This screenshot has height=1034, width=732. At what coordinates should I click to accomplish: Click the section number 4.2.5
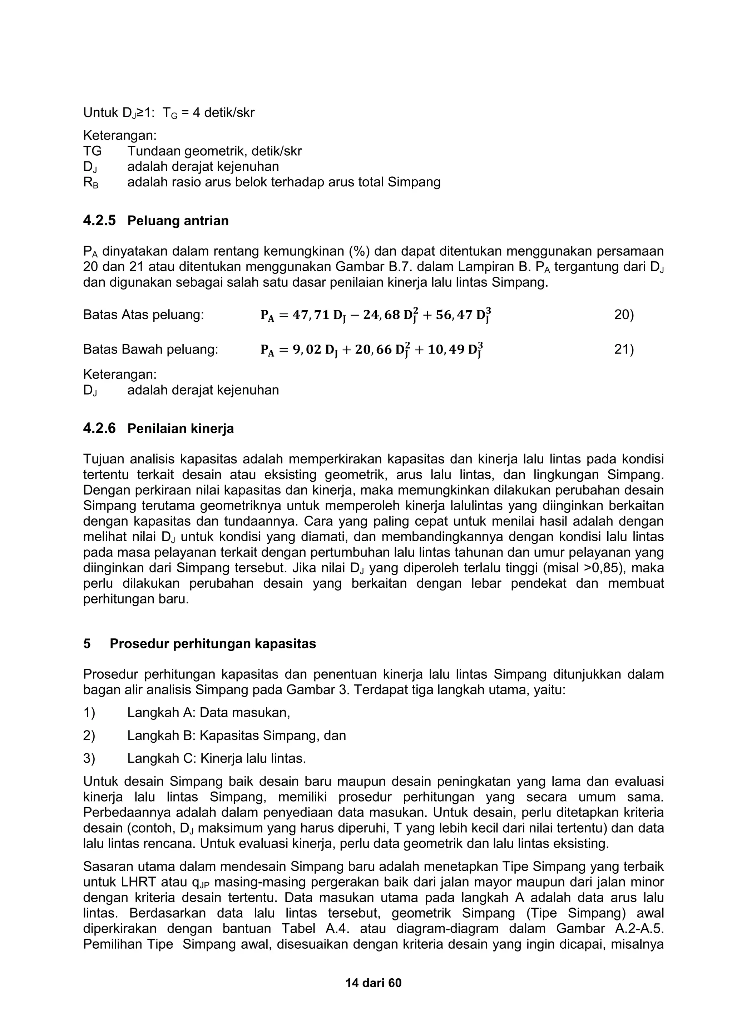point(99,221)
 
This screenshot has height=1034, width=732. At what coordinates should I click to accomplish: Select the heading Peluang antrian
point(178,221)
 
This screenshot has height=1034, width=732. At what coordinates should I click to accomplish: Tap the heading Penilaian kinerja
point(181,428)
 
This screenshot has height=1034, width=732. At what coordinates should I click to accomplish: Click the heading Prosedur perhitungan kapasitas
point(213,643)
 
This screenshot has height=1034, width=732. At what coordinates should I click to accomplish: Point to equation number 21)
point(624,350)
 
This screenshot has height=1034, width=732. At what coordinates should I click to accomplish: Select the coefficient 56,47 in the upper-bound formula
point(452,315)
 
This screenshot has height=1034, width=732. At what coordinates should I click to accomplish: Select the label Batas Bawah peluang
point(150,350)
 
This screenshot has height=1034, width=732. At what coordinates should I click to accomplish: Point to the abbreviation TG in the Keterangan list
point(93,151)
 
